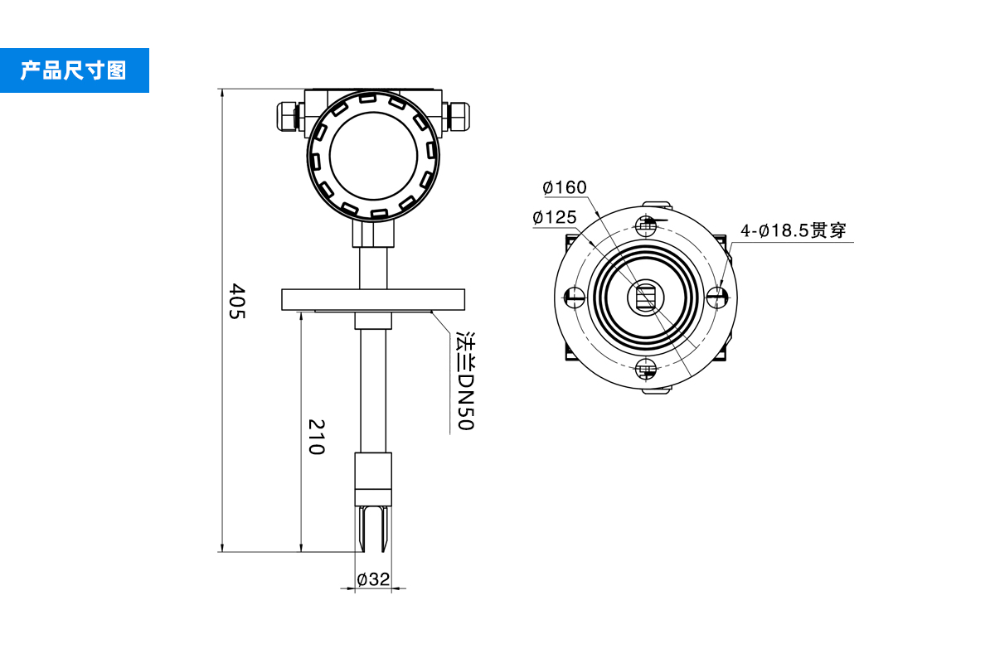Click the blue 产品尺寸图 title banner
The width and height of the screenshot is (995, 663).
point(74,70)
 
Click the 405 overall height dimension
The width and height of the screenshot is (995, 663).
point(237,302)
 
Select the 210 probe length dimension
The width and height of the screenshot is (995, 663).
point(316,437)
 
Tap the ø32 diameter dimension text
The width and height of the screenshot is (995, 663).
point(373,579)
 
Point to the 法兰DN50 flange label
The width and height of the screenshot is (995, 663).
point(467,382)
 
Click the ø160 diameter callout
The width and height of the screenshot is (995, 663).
point(565,187)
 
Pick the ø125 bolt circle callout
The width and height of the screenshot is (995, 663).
point(555,217)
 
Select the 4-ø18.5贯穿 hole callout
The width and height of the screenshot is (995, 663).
point(794,230)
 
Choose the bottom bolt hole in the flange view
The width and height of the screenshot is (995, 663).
point(647,370)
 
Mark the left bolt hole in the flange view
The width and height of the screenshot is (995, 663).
point(574,297)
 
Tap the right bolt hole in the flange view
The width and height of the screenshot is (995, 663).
point(719,297)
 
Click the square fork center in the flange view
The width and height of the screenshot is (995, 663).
point(646,297)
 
